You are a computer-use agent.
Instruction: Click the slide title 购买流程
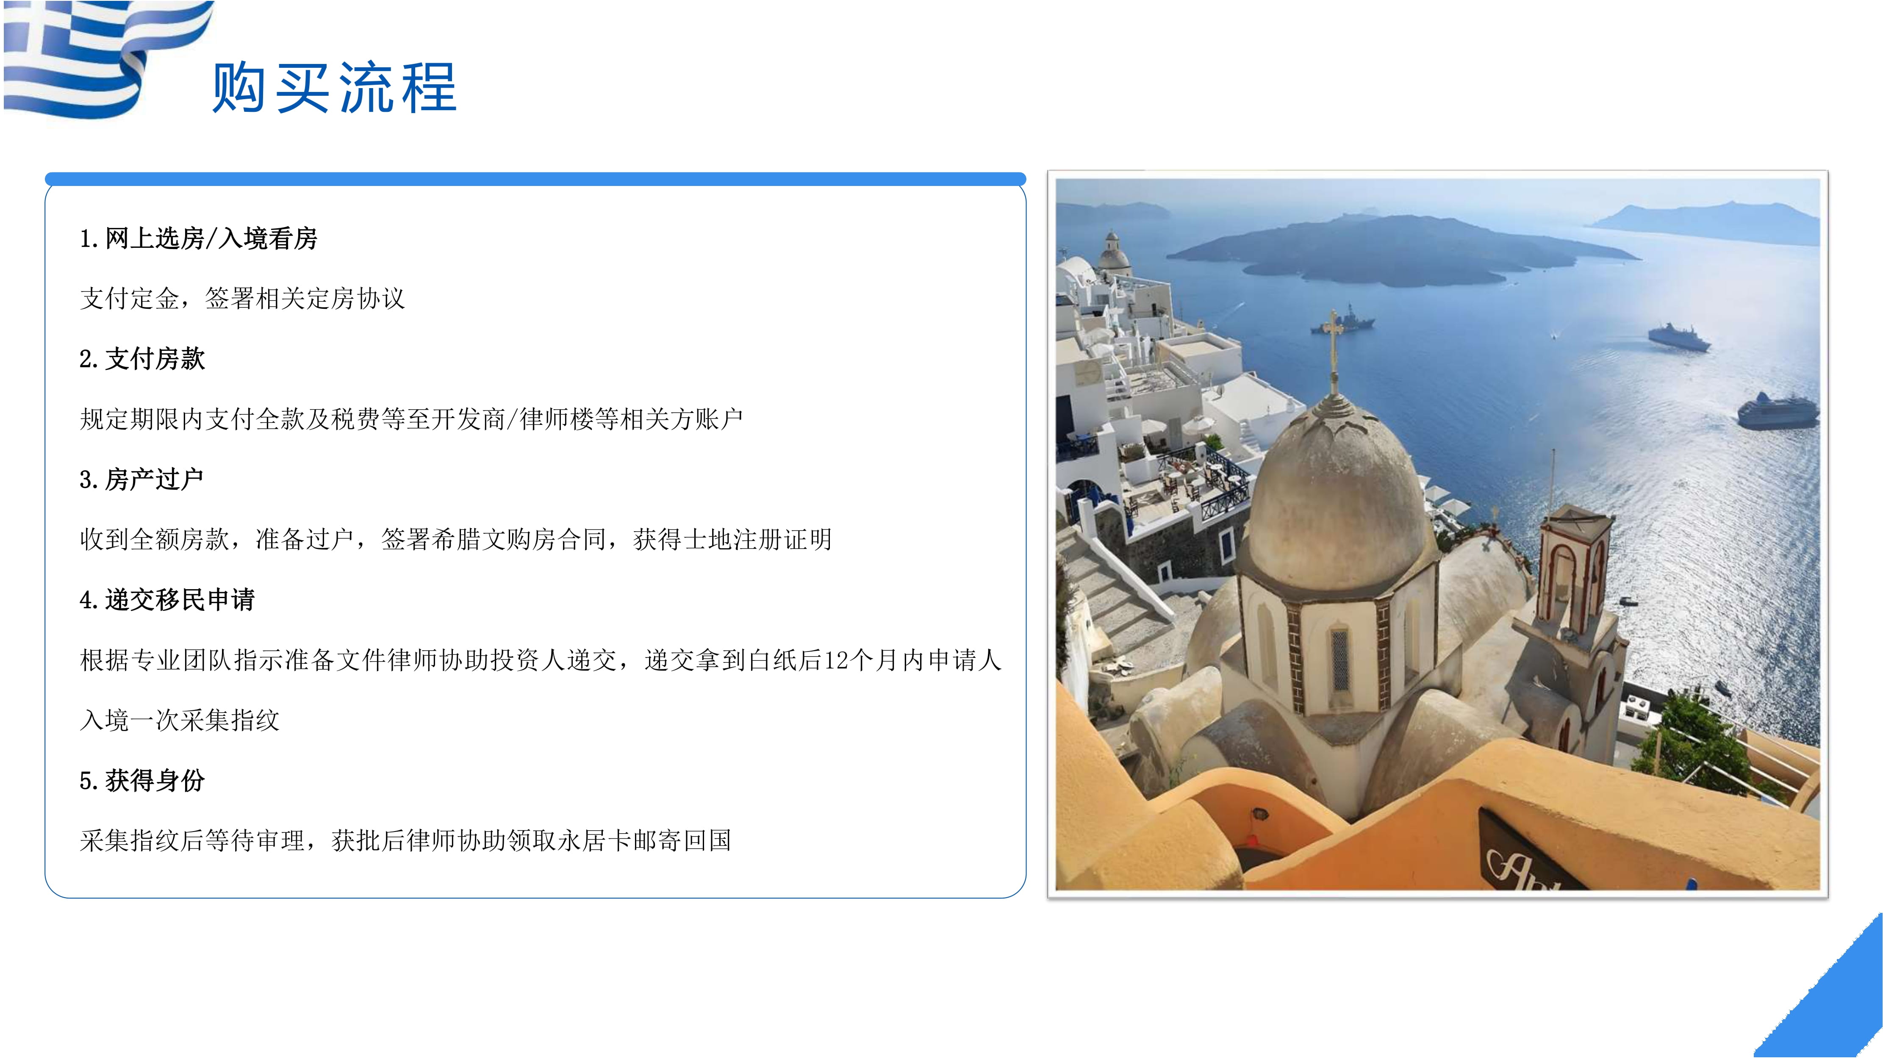click(x=335, y=88)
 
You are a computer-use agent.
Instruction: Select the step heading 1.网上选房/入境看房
click(x=198, y=238)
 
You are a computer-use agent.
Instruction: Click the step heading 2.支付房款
click(x=142, y=359)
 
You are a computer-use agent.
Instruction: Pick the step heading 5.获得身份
click(x=142, y=781)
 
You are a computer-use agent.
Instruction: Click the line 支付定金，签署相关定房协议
click(x=242, y=298)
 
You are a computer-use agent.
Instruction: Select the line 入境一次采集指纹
click(x=180, y=721)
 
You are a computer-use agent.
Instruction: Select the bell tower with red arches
click(x=1573, y=570)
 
